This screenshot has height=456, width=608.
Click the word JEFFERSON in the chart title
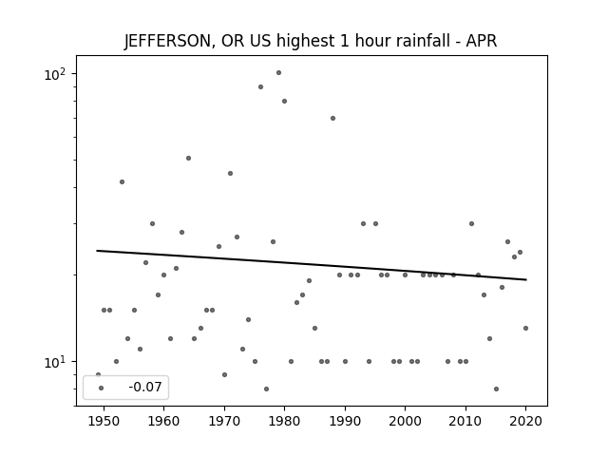click(x=167, y=41)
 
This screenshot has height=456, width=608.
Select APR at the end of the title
click(x=482, y=41)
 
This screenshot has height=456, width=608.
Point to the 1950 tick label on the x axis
click(x=104, y=422)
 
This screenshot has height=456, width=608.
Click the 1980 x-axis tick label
click(x=284, y=422)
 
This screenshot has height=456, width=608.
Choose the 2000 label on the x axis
click(x=406, y=422)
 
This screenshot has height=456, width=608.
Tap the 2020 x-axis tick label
click(x=525, y=422)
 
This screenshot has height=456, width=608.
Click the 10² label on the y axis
click(x=55, y=74)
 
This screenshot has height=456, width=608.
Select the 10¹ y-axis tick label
click(x=55, y=363)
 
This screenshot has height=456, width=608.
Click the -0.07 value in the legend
click(x=145, y=387)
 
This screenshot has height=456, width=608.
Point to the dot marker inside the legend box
click(x=102, y=389)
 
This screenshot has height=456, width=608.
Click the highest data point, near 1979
click(x=278, y=73)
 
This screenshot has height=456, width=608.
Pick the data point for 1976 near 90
click(x=260, y=86)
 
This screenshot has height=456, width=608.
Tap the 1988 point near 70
click(x=332, y=118)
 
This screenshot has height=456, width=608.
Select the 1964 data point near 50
click(x=188, y=159)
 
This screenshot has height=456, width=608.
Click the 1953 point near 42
click(x=123, y=181)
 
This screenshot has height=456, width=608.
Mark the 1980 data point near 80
click(x=285, y=102)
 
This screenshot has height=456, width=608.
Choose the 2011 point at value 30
click(x=471, y=224)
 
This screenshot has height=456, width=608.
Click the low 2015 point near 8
click(x=496, y=389)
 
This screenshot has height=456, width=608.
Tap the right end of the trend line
click(x=526, y=279)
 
